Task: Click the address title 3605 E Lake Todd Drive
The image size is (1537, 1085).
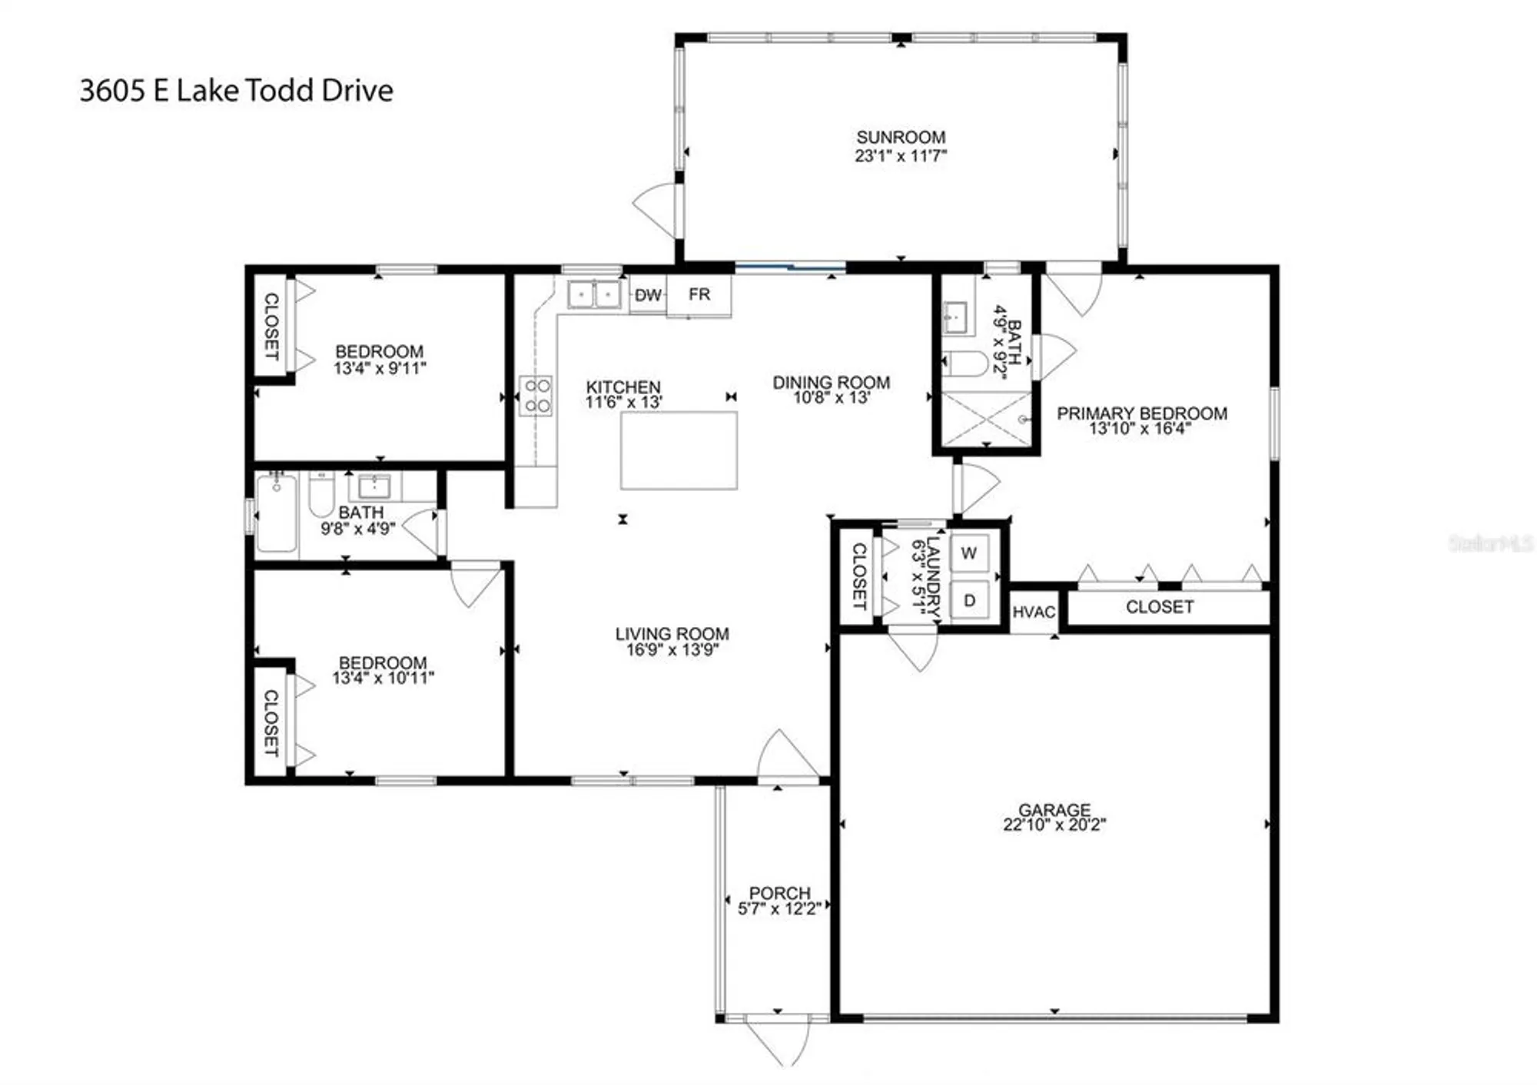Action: pyautogui.click(x=236, y=91)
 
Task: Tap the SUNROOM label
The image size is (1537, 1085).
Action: pyautogui.click(x=901, y=138)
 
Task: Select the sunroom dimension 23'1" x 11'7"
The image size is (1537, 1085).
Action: pyautogui.click(x=901, y=156)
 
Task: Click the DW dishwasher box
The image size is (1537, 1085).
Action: pyautogui.click(x=648, y=295)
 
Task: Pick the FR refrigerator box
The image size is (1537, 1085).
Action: pyautogui.click(x=699, y=295)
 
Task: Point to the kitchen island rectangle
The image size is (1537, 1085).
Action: pyautogui.click(x=679, y=450)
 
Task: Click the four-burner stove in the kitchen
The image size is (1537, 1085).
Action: pyautogui.click(x=536, y=396)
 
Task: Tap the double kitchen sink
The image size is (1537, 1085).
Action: pyautogui.click(x=594, y=294)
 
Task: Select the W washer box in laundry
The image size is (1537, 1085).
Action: pyautogui.click(x=969, y=553)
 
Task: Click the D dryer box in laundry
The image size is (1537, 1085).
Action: pyautogui.click(x=969, y=600)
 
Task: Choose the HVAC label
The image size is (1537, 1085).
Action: pyautogui.click(x=1034, y=612)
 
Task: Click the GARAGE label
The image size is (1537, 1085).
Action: pyautogui.click(x=1054, y=810)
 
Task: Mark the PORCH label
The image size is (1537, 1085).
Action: pyautogui.click(x=779, y=893)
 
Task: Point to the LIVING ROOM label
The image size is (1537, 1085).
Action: pyautogui.click(x=672, y=634)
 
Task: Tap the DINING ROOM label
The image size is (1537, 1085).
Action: pyautogui.click(x=832, y=382)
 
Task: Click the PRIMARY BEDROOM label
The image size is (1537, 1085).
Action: pyautogui.click(x=1141, y=413)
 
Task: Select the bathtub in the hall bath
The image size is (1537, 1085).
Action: pyautogui.click(x=276, y=513)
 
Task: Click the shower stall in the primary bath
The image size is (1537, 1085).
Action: pyautogui.click(x=986, y=419)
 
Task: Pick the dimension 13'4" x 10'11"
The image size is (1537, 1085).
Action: pyautogui.click(x=383, y=679)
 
